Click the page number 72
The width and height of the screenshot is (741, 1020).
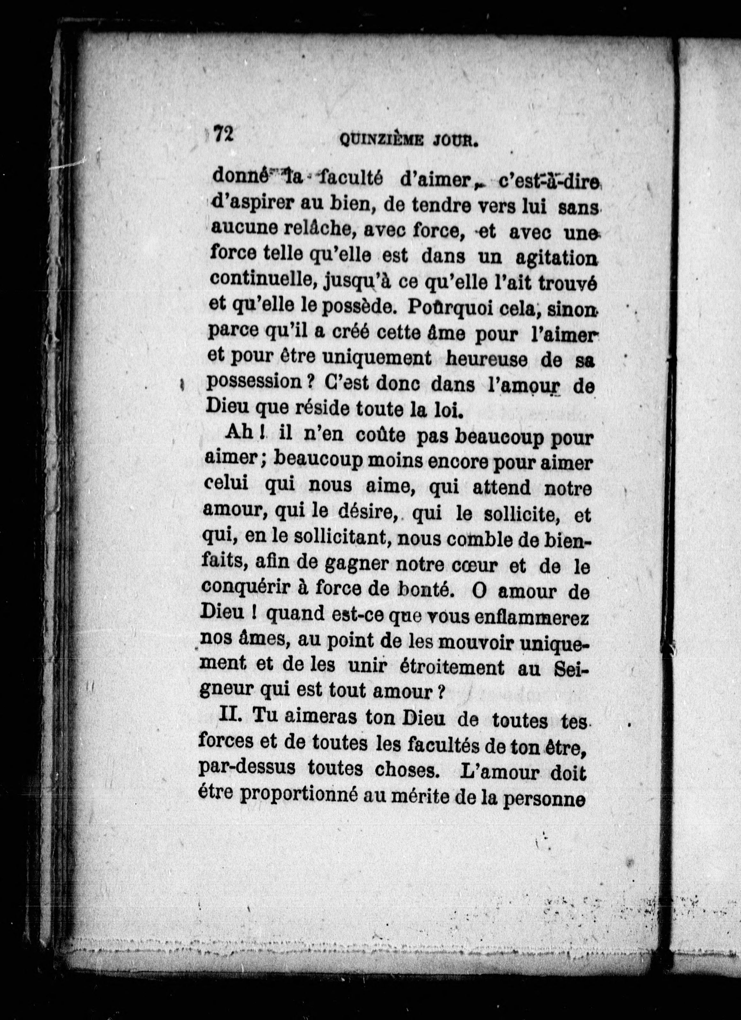click(223, 134)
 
